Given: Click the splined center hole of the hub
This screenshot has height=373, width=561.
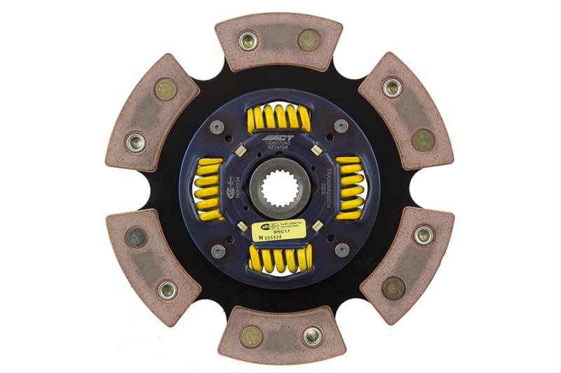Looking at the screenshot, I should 279,188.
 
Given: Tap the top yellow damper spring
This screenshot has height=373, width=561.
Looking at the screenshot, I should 279,118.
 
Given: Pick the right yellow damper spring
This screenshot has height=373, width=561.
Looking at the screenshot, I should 350,187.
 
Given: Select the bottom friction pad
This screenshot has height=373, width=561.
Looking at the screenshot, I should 279,335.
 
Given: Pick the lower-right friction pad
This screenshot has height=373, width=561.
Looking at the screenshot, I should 407,262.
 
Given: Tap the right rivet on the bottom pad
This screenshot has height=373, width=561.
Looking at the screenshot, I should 311,337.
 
